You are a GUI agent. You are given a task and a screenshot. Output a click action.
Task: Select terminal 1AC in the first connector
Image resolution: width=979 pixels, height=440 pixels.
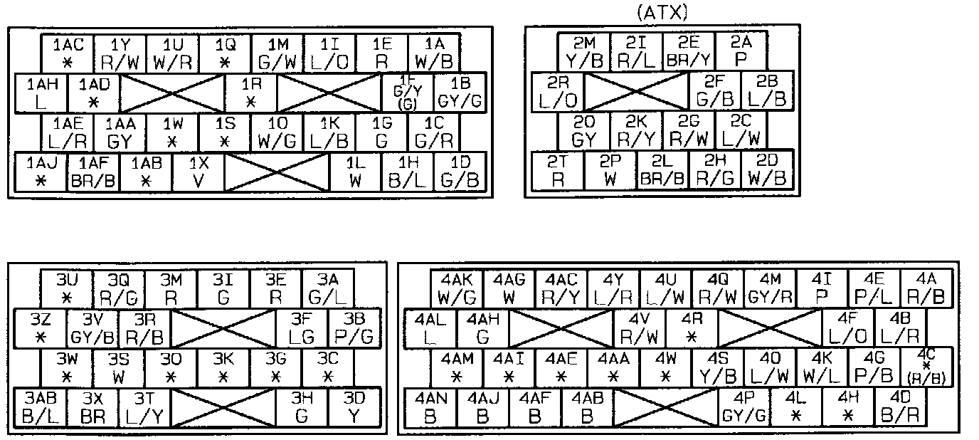click(x=68, y=53)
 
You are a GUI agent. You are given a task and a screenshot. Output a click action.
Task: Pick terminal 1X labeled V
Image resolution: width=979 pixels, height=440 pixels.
click(x=199, y=172)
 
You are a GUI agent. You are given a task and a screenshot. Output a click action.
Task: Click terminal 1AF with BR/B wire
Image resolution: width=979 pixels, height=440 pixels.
click(x=93, y=172)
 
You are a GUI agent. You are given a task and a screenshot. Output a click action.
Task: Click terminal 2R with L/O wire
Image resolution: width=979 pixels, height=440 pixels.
click(x=559, y=92)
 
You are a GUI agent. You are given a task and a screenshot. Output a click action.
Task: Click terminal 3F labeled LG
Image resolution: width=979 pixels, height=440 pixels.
click(x=302, y=328)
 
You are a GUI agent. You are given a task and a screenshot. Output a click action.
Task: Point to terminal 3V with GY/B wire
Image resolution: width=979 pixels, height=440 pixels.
click(x=93, y=328)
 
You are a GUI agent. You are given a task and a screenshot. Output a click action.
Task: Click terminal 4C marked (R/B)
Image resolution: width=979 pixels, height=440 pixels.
click(x=926, y=367)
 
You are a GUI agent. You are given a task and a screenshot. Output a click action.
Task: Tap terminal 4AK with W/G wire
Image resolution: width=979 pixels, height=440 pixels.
click(x=457, y=287)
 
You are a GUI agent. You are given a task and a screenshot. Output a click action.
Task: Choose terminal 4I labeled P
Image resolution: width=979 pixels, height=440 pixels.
click(x=822, y=287)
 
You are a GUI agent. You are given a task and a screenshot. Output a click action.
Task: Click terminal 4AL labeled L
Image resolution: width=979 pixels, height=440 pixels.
click(x=430, y=328)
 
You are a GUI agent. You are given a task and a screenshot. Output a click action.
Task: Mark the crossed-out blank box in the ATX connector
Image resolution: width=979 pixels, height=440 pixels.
click(x=636, y=92)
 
